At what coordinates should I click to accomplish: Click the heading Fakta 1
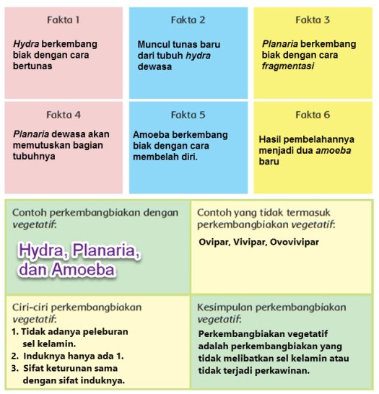click(64, 19)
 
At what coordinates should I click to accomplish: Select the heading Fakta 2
click(188, 19)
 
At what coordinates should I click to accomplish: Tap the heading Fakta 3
click(312, 19)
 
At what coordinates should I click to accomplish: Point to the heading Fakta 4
click(64, 114)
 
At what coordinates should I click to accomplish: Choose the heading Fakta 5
click(188, 114)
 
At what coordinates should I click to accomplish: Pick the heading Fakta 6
click(312, 114)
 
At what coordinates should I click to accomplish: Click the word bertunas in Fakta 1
click(32, 66)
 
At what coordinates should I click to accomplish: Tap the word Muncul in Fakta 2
click(153, 44)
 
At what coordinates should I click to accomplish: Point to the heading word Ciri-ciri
click(32, 307)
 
